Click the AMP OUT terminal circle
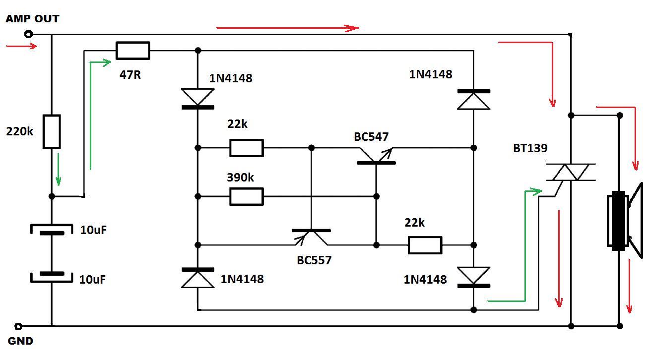(29, 34)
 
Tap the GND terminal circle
(18, 326)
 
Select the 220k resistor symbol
(52, 132)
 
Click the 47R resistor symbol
(132, 51)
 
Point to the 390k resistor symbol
(246, 197)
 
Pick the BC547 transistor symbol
(376, 158)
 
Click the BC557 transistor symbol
(312, 236)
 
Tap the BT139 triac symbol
(571, 173)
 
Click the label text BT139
(530, 148)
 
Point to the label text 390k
(240, 178)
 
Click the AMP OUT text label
(32, 19)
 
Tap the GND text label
(20, 341)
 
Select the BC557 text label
(314, 260)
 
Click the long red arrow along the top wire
(288, 28)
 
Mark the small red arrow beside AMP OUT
(21, 47)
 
